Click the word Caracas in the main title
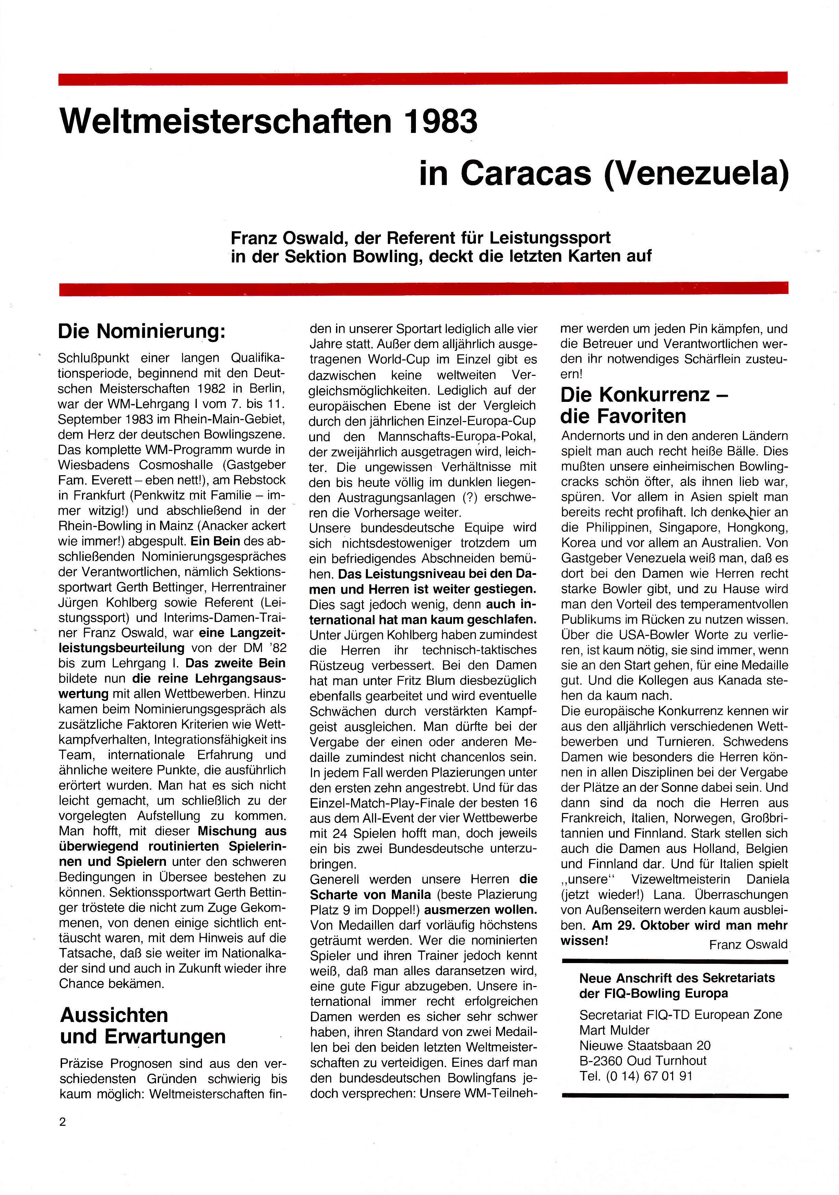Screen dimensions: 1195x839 tap(526, 173)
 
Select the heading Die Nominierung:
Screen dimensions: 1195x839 tap(142, 332)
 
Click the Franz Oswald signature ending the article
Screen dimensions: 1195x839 tap(748, 944)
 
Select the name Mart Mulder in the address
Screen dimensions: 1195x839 tap(614, 1030)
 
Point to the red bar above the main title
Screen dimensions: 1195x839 tap(422, 78)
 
